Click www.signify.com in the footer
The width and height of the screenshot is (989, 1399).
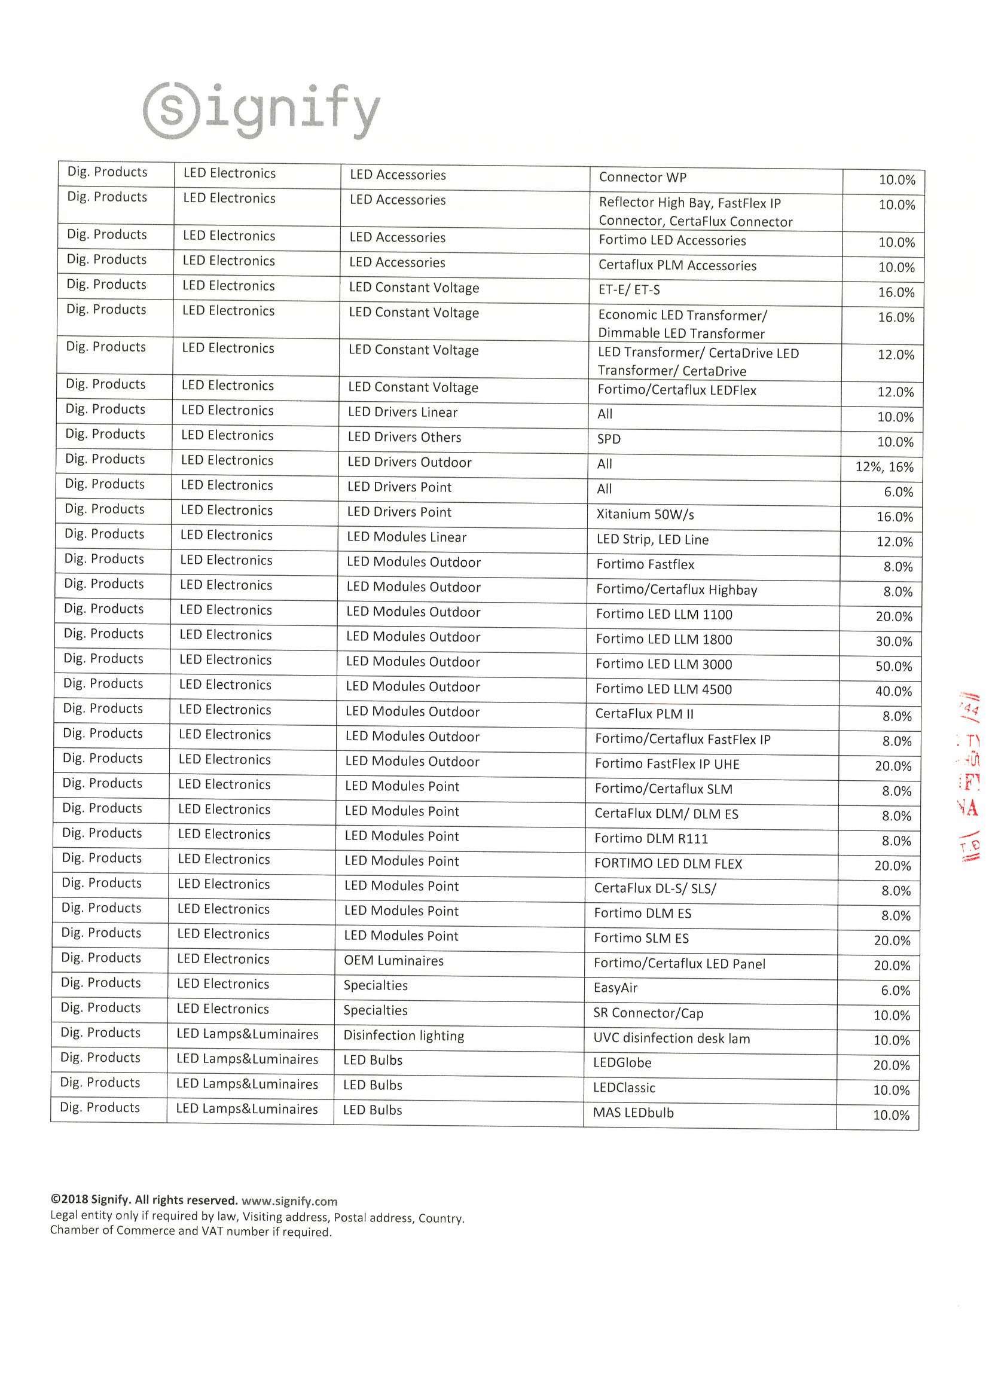pyautogui.click(x=289, y=1201)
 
